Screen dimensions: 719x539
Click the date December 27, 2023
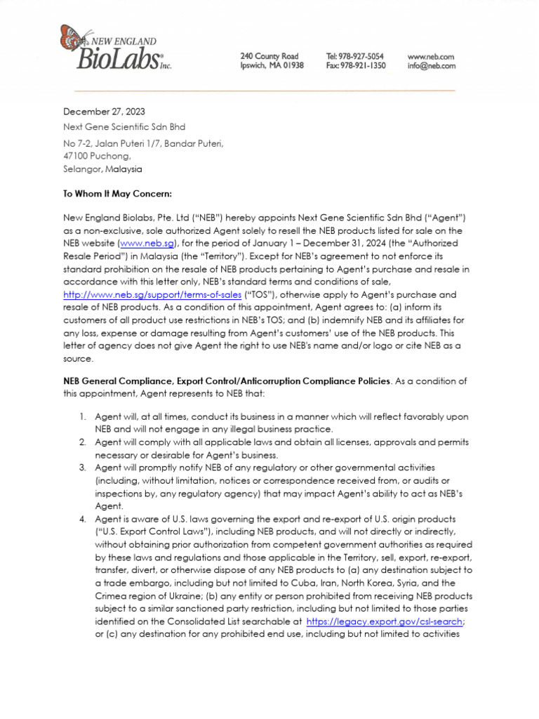(x=105, y=112)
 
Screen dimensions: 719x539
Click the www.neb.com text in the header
(x=430, y=56)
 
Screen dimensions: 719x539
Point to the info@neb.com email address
(x=431, y=66)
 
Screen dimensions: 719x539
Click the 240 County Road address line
(x=269, y=56)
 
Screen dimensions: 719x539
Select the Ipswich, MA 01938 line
(x=272, y=66)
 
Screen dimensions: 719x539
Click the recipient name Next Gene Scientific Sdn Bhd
(x=124, y=127)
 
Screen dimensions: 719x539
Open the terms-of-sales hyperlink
(x=152, y=295)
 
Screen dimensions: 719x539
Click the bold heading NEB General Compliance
(x=226, y=381)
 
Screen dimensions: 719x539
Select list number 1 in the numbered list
(x=82, y=417)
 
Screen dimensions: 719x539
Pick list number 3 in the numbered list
(x=82, y=468)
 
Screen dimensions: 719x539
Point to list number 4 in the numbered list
(x=82, y=519)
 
